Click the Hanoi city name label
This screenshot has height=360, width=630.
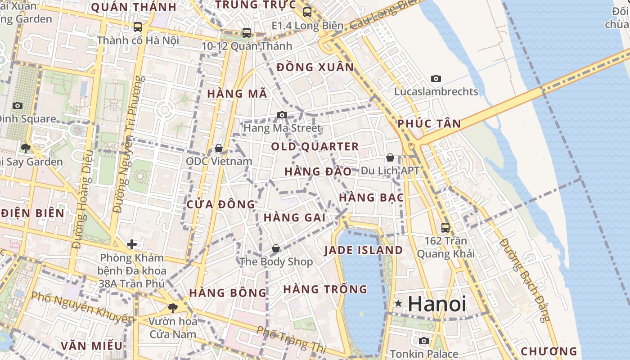coord(437,304)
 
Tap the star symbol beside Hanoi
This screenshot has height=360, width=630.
coord(398,304)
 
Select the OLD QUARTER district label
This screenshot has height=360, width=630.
coord(315,147)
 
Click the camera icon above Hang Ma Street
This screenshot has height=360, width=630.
coord(282,115)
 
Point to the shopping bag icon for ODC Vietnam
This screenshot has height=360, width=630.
coord(219,148)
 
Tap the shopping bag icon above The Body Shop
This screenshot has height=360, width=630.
coord(276,248)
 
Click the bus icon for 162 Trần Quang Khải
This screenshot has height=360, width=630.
coord(445,227)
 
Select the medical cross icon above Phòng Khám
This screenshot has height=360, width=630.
coord(132,244)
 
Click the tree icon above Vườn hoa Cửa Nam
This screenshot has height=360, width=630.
coord(172,308)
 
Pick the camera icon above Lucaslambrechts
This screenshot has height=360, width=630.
coord(436,79)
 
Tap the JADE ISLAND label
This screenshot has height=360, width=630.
coord(364,250)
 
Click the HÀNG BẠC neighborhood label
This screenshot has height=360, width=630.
coord(371,198)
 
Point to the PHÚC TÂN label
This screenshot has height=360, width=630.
coord(429,124)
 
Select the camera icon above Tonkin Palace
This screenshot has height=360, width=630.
coord(424,341)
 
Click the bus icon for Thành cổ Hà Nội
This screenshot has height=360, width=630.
coord(138,27)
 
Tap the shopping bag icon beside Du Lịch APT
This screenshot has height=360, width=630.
coord(390,157)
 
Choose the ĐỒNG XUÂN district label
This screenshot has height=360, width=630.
coord(315,67)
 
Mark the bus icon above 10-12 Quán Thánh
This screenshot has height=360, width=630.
coord(247,33)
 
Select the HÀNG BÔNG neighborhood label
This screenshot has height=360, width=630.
coord(228,293)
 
